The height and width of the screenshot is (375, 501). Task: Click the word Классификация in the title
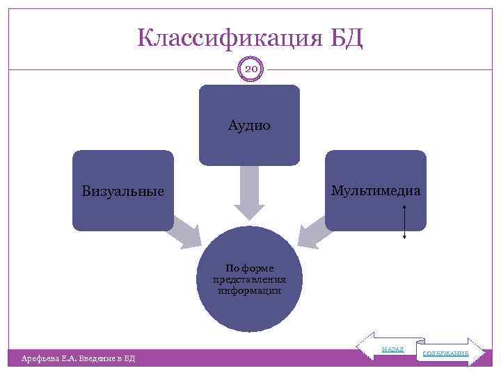coord(228,37)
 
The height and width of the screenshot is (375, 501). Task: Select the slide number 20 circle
coord(250,70)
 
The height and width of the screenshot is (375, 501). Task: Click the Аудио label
coord(249,126)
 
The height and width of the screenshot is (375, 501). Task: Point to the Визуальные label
coord(123,190)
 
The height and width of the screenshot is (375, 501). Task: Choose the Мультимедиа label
coord(376,190)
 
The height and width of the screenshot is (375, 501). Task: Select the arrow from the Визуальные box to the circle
coord(188,233)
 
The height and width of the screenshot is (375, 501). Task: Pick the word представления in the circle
coord(249,280)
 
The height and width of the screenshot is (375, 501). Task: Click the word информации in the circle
coord(249,291)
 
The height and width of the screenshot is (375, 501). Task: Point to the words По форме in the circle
coord(249,268)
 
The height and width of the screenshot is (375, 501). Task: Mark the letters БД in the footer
coord(129,358)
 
